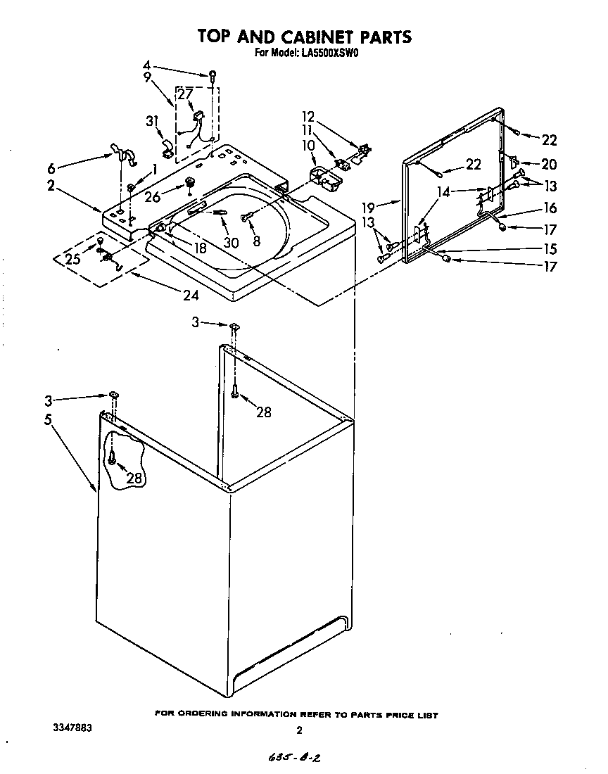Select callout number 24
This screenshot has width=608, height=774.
point(191,296)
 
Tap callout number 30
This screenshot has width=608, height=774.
point(232,242)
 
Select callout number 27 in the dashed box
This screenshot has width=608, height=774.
point(184,94)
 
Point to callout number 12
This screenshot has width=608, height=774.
point(309,117)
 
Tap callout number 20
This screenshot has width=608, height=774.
point(548,164)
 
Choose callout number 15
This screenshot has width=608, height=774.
point(548,248)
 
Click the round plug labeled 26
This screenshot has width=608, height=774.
point(189,184)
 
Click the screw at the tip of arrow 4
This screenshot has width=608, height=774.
point(211,74)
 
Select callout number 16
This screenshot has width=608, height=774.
point(548,208)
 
